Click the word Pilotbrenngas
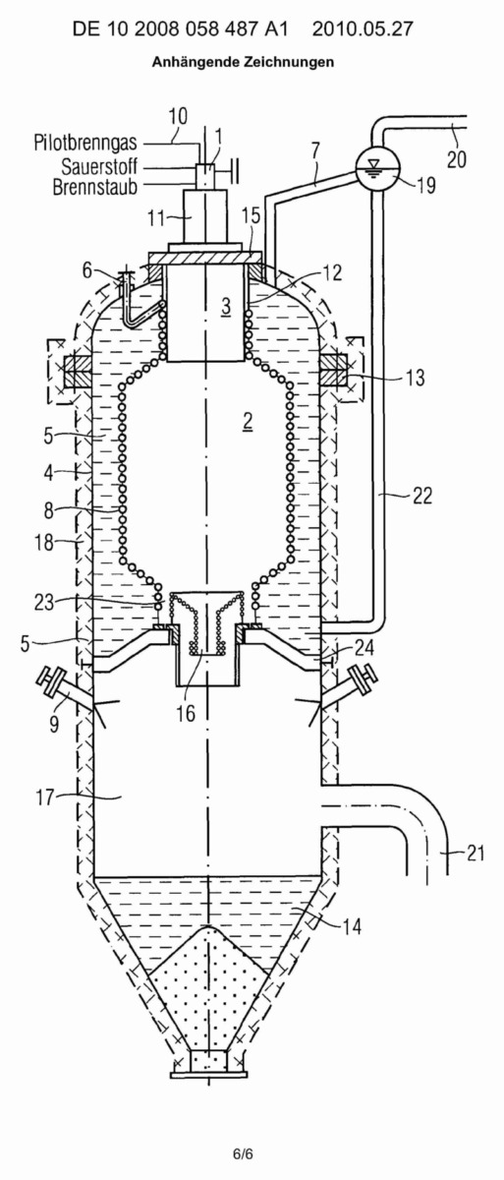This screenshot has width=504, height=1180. point(85,143)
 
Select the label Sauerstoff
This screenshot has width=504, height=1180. point(99,166)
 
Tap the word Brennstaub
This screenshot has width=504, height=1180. point(94,187)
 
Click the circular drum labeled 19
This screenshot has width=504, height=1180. point(377,167)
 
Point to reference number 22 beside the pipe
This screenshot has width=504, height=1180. point(421,496)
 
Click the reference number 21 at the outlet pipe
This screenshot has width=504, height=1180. point(476,853)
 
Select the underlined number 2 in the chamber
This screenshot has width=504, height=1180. point(248,421)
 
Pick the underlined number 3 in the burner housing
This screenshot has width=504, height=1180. point(226,307)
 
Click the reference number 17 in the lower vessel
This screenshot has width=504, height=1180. point(45,797)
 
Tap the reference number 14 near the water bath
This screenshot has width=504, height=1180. point(352,926)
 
